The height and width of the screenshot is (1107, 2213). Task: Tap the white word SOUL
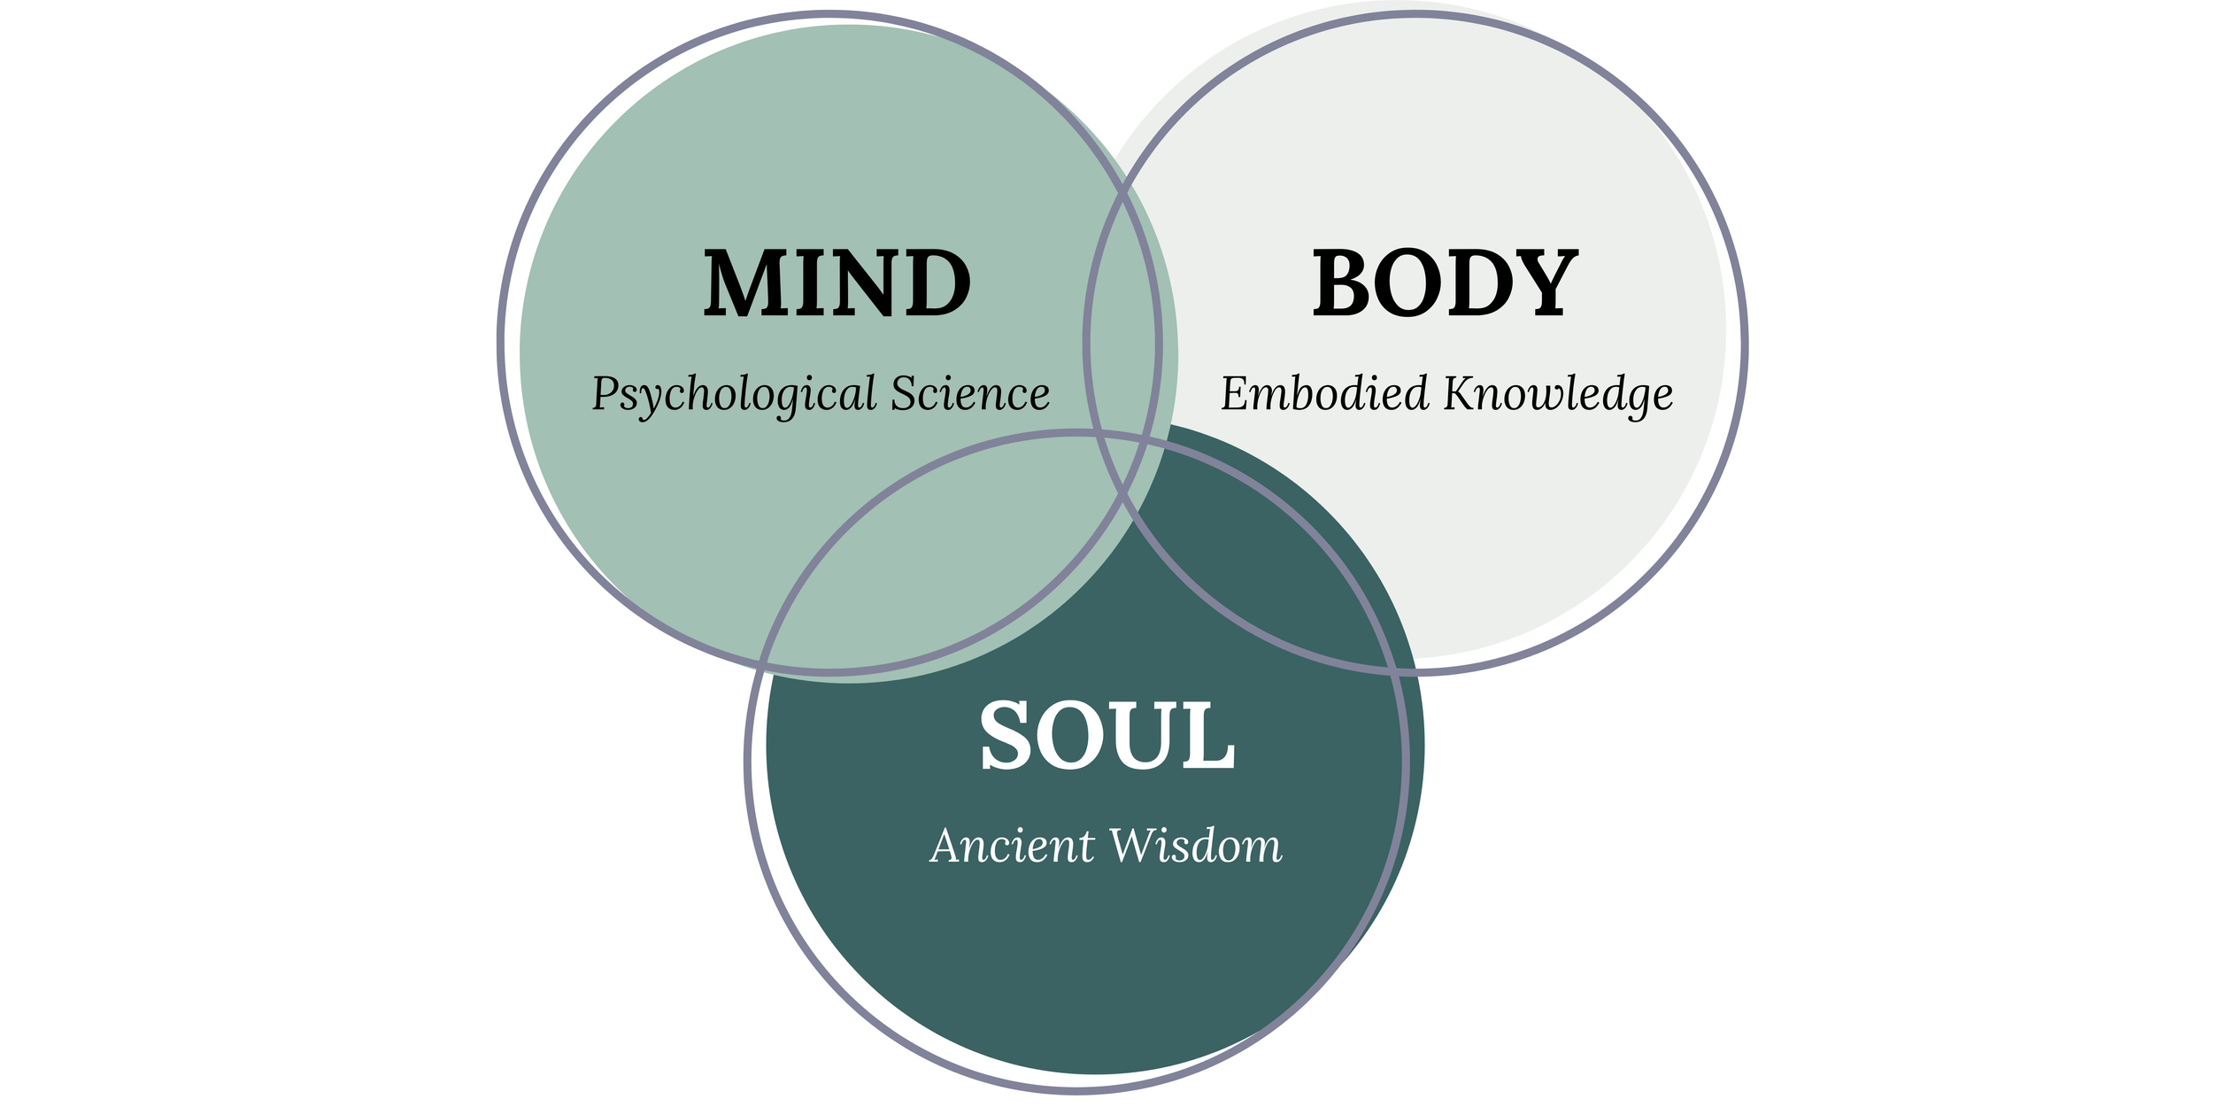pyautogui.click(x=1106, y=735)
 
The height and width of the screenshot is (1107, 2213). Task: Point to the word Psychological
pyautogui.click(x=734, y=394)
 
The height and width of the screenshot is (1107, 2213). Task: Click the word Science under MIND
pyautogui.click(x=970, y=394)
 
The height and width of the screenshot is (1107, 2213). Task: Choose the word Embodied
pyautogui.click(x=1324, y=394)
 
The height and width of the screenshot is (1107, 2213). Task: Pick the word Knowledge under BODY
pyautogui.click(x=1558, y=394)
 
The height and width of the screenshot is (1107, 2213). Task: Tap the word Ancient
pyautogui.click(x=1012, y=846)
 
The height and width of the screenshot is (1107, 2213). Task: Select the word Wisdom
pyautogui.click(x=1195, y=846)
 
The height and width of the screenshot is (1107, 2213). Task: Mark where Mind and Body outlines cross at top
pyautogui.click(x=1123, y=189)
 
